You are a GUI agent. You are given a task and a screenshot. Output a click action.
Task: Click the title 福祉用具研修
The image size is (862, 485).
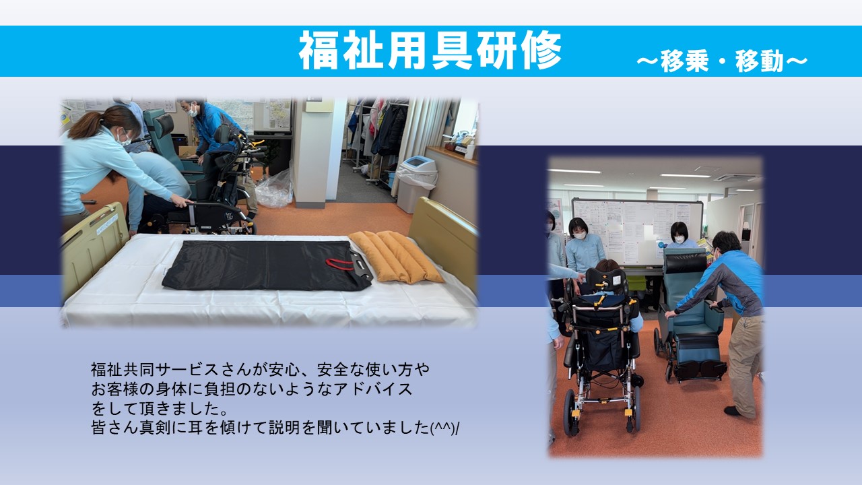coord(430,51)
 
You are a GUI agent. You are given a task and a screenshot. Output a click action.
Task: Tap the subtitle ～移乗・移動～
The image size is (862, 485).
coord(722,61)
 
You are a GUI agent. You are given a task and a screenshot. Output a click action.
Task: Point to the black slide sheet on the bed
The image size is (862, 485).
coord(266,265)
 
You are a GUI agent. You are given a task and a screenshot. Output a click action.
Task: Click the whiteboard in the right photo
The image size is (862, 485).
coord(637,231)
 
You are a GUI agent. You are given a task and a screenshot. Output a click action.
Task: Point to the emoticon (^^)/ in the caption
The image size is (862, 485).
coord(444,428)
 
